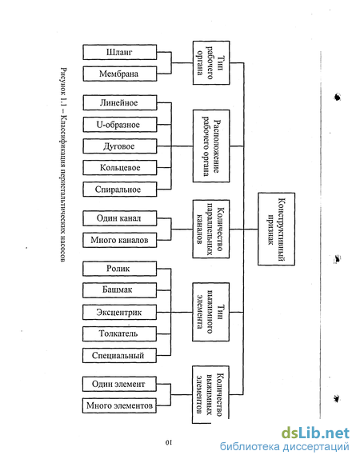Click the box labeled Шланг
click(x=120, y=52)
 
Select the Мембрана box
click(x=120, y=74)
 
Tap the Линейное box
click(x=120, y=103)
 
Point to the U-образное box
click(x=120, y=125)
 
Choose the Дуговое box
click(x=120, y=146)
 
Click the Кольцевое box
click(x=120, y=168)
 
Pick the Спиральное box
click(x=120, y=190)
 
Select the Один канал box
click(x=120, y=218)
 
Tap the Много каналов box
click(x=120, y=240)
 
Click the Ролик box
click(x=119, y=269)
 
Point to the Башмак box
click(x=119, y=290)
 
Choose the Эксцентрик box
click(x=119, y=312)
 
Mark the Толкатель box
click(x=119, y=333)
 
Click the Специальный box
click(x=119, y=355)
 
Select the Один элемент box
click(x=119, y=384)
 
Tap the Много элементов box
click(x=119, y=405)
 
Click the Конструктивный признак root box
click(x=277, y=229)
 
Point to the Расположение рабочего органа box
click(x=211, y=146)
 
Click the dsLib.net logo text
click(x=315, y=433)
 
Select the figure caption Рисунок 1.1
click(x=63, y=165)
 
